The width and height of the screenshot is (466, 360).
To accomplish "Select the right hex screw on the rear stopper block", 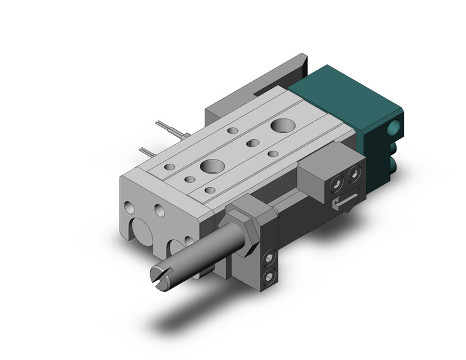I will click(354, 177).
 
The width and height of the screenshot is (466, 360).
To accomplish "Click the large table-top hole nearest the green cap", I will click(283, 127).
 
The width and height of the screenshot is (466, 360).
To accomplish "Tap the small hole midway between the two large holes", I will click(252, 144).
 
